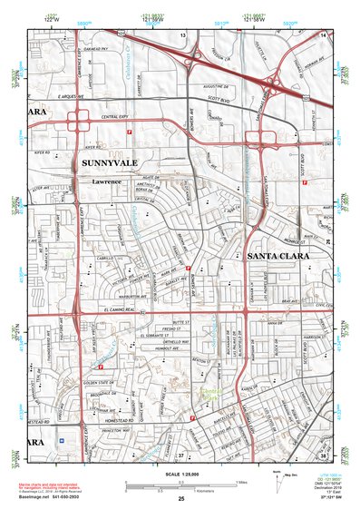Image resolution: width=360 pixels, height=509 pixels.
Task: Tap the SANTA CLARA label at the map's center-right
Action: pos(277,257)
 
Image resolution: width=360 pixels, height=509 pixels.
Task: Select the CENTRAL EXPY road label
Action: pos(115,119)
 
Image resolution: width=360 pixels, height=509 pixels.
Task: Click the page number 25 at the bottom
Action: pos(180,500)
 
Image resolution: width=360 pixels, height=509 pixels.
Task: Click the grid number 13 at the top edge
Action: pos(181,34)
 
